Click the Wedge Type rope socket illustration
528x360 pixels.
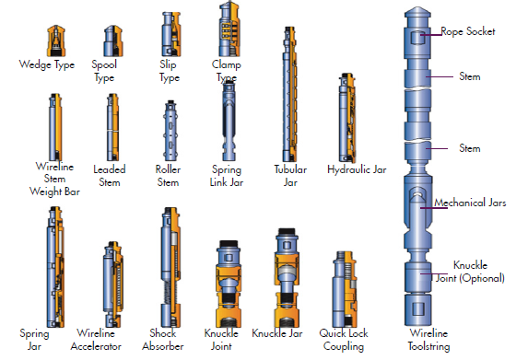coord(56,41)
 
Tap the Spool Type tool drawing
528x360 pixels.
coord(112,41)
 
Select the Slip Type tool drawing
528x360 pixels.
coord(171,34)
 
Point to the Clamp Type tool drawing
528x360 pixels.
coord(229,29)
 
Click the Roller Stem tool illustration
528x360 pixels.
coord(170,130)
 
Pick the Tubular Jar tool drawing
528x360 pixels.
coord(289,94)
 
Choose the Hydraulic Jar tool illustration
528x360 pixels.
coord(346,118)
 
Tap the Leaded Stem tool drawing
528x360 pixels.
coord(112,127)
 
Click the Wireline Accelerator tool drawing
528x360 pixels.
coord(112,284)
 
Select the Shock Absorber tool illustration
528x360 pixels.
coord(170,267)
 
